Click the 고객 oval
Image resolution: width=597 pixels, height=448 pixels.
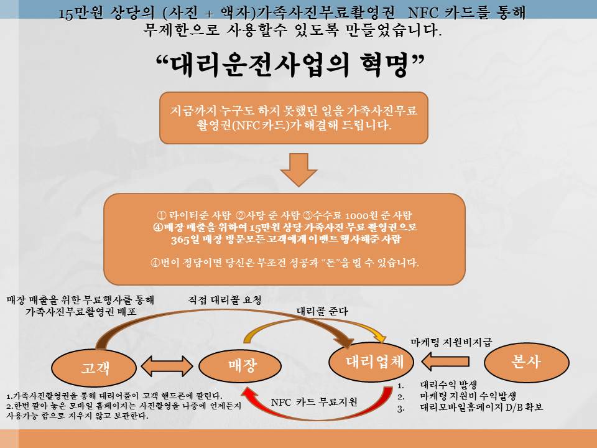(94, 367)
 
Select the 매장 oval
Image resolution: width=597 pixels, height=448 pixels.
(240, 366)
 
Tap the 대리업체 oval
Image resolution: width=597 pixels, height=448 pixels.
(371, 362)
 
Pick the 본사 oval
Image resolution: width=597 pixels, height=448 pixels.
(527, 362)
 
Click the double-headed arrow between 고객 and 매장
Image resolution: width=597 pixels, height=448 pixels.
(167, 366)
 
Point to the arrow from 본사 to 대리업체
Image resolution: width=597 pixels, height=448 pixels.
(445, 361)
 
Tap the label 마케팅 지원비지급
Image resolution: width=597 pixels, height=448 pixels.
(451, 342)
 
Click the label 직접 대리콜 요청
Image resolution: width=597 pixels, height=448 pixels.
(224, 300)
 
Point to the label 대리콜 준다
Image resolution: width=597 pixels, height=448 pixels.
(322, 311)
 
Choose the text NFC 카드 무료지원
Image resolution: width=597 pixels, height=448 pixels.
(314, 402)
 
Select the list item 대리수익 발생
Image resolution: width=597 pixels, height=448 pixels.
(448, 385)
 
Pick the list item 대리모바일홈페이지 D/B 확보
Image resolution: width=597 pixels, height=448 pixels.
(481, 407)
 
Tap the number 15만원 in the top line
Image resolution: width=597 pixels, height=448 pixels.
(81, 13)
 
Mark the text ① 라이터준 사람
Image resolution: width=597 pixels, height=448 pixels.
(194, 215)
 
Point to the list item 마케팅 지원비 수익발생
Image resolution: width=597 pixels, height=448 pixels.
(468, 396)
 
